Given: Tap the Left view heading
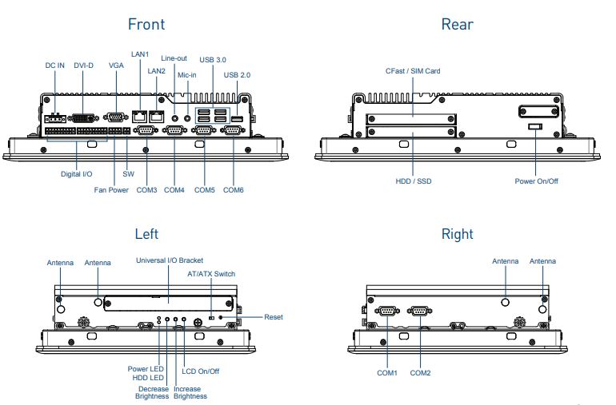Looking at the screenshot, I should click(x=146, y=234).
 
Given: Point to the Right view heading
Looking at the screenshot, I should click(x=457, y=234).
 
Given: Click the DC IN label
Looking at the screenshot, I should click(x=54, y=65).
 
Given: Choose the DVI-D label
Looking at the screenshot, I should click(x=84, y=65).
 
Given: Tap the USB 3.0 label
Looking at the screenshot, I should click(x=214, y=60).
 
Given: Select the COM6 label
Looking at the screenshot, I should click(x=234, y=190).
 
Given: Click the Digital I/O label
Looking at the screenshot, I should click(x=77, y=173).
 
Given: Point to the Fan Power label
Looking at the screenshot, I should click(x=111, y=190).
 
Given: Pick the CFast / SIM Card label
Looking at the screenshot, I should click(x=413, y=71).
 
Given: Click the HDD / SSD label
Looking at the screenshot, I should click(x=414, y=181).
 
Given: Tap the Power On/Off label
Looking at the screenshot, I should click(x=537, y=181).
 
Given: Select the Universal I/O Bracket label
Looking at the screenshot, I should click(x=170, y=260).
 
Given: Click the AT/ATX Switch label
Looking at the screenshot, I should click(x=211, y=274).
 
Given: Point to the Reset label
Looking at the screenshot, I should click(x=273, y=317).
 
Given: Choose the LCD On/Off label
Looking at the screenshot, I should click(x=201, y=371).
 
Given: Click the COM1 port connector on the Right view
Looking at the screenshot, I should click(x=388, y=311).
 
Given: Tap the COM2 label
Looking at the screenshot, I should click(x=421, y=373).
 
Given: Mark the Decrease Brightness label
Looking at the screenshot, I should click(x=152, y=392).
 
